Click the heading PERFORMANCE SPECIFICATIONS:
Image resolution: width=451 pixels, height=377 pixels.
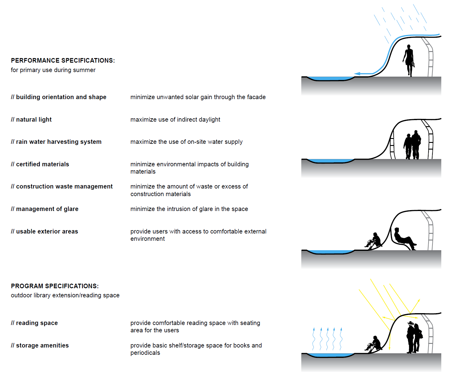click(63, 61)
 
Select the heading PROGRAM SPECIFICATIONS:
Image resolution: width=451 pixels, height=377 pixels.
click(55, 286)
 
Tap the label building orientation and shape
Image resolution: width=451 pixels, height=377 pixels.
click(61, 97)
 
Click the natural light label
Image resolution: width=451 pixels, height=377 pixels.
click(34, 119)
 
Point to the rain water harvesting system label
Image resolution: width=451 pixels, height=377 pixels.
click(59, 142)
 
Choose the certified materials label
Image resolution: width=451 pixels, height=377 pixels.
click(43, 164)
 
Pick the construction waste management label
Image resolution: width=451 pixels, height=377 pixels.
click(64, 186)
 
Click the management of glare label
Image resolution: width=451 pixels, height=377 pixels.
click(47, 209)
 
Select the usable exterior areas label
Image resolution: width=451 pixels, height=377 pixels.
click(47, 231)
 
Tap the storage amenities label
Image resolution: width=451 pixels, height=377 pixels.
click(42, 345)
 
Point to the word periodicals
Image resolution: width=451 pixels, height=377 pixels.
click(145, 353)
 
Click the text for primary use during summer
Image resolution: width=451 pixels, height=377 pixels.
click(53, 70)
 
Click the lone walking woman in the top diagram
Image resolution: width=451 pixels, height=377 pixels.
click(409, 60)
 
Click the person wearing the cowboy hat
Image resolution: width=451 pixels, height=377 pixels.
click(411, 337)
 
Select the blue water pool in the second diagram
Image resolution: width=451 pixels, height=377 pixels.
click(330, 161)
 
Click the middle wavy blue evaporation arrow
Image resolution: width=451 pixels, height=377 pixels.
click(327, 339)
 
